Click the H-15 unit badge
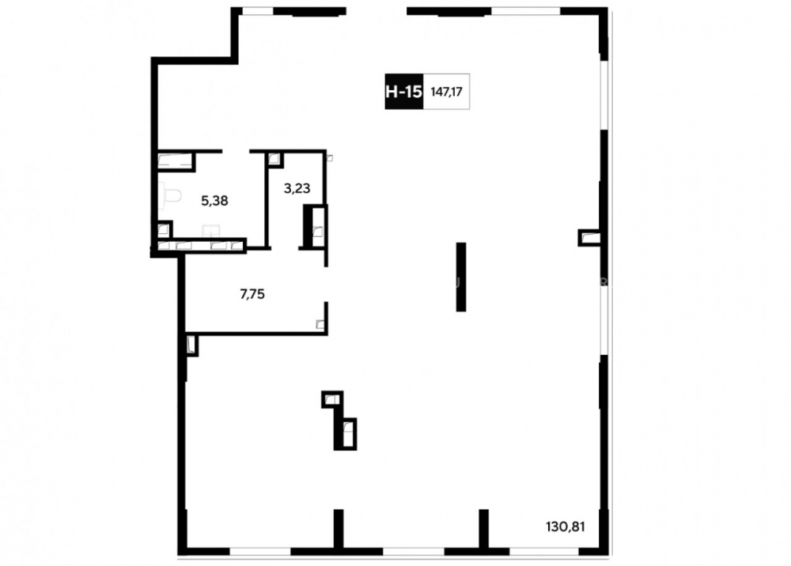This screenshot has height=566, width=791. (404, 91)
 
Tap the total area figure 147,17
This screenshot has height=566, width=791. (446, 92)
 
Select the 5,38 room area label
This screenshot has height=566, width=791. (214, 201)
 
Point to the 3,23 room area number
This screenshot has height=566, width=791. (297, 188)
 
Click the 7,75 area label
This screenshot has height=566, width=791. (252, 294)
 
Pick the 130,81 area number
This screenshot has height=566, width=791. (566, 526)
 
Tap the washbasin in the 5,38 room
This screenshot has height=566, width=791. (211, 232)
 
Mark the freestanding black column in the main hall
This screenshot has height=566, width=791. (461, 277)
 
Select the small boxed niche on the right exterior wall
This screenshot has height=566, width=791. (589, 237)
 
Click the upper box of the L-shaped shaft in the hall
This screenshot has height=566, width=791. (332, 399)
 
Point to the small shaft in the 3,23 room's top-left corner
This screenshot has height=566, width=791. (274, 159)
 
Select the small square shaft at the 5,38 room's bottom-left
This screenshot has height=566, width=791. (164, 230)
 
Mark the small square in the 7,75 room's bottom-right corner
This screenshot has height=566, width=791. (320, 324)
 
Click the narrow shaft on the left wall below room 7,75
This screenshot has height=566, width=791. (191, 345)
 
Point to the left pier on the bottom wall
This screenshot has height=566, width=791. (339, 528)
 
